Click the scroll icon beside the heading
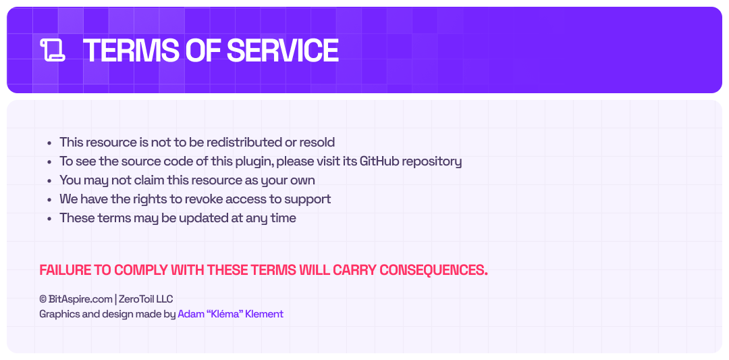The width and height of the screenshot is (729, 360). click(x=53, y=50)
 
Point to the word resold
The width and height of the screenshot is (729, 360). click(x=317, y=142)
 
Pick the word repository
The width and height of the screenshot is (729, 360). click(x=432, y=162)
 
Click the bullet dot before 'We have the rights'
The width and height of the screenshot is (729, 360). click(x=49, y=199)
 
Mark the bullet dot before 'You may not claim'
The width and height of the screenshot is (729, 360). click(x=49, y=180)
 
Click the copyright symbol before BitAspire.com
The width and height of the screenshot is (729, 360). click(x=43, y=299)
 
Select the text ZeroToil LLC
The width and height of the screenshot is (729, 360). click(x=146, y=299)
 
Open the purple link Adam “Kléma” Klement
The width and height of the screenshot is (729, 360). click(x=230, y=314)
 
